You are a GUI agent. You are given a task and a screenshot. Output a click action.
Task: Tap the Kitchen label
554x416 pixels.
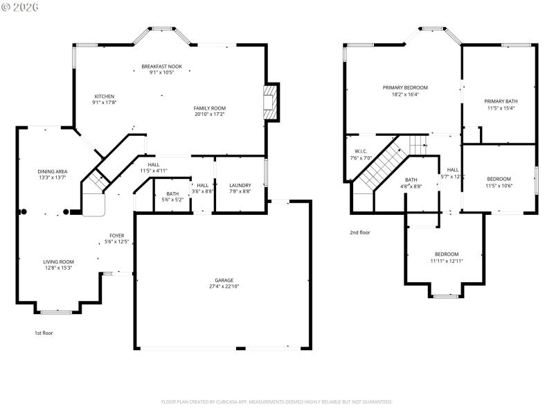tap(105, 96)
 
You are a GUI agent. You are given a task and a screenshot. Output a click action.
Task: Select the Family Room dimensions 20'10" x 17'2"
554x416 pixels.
tap(209, 114)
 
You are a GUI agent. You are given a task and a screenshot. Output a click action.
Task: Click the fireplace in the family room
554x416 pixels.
tap(271, 103)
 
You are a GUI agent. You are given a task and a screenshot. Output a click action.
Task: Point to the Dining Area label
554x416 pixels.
tap(52, 171)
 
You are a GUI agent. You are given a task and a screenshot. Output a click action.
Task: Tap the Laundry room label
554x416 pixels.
tap(240, 185)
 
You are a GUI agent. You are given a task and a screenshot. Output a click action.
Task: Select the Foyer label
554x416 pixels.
tap(116, 236)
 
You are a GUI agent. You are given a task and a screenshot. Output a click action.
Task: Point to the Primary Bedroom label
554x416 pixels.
tap(405, 87)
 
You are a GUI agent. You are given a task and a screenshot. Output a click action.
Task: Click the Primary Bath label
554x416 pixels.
tap(500, 101)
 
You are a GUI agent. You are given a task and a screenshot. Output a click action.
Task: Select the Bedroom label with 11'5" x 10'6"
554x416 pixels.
tap(499, 179)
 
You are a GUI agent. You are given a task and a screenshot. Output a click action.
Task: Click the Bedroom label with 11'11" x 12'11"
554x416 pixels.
tap(447, 254)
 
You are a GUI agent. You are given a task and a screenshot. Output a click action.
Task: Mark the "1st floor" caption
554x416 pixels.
tap(44, 333)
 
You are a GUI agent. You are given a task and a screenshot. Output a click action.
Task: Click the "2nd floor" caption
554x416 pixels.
tap(359, 232)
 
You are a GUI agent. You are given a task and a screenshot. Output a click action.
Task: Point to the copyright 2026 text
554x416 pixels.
tap(20, 7)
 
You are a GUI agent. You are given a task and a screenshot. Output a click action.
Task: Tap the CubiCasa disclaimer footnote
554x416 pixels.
tap(277, 401)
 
